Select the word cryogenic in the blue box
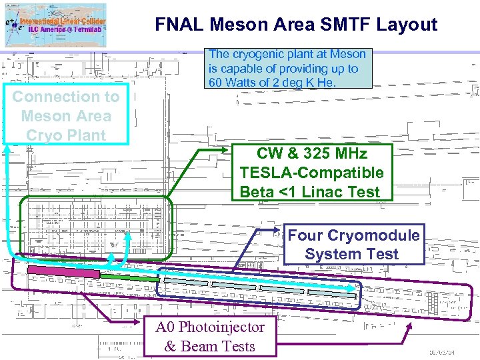coord(260,54)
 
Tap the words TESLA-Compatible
coord(312,173)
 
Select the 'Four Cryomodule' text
coord(353,235)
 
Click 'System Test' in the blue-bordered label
coord(351,254)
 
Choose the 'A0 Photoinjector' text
coord(209,327)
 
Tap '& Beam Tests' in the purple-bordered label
coord(209,346)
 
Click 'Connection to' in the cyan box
coord(65,97)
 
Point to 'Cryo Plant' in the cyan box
coord(65,135)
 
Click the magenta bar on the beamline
coord(63,271)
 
